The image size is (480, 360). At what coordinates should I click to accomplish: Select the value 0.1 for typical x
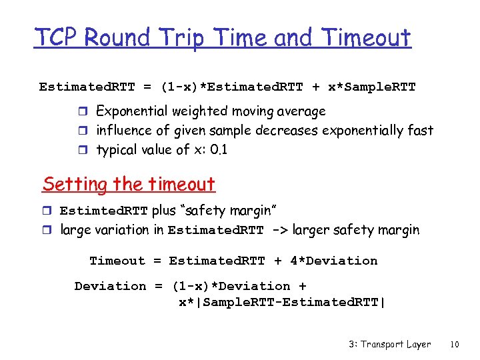[x=218, y=150]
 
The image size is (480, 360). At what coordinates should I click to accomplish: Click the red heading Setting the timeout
[x=129, y=184]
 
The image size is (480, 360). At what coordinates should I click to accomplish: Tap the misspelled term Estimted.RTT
[x=104, y=211]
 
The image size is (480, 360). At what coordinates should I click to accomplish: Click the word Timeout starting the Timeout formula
[x=117, y=261]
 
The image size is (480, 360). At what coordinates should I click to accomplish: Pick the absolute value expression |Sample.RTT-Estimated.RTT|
[x=282, y=302]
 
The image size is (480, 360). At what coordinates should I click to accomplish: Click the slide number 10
[x=455, y=345]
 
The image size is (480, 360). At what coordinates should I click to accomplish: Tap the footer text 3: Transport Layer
[x=389, y=345]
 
